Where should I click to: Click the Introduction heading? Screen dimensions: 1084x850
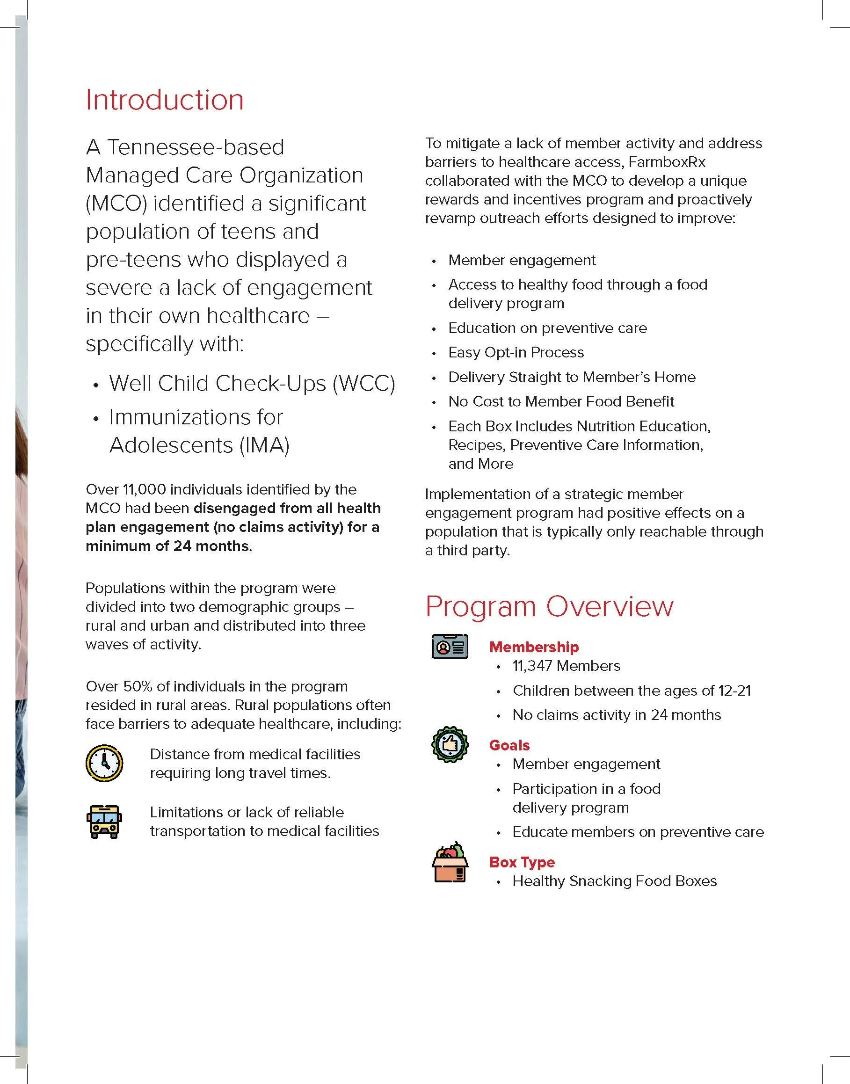pyautogui.click(x=165, y=100)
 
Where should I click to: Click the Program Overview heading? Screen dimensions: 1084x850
pyautogui.click(x=549, y=606)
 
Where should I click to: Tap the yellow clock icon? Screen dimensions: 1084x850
pyautogui.click(x=104, y=763)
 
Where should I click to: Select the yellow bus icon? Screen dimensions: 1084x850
pyautogui.click(x=104, y=822)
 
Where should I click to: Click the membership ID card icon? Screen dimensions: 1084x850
pyautogui.click(x=450, y=647)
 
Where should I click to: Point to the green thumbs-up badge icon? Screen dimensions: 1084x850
pyautogui.click(x=450, y=744)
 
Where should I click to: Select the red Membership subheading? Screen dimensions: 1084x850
pyautogui.click(x=533, y=647)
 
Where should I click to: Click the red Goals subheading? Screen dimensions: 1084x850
pyautogui.click(x=509, y=745)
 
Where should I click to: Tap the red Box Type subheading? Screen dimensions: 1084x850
pyautogui.click(x=522, y=862)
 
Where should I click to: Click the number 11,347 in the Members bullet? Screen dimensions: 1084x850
pyautogui.click(x=531, y=666)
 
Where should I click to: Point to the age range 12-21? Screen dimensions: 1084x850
pyautogui.click(x=734, y=691)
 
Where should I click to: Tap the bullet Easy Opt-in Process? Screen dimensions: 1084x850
pyautogui.click(x=516, y=352)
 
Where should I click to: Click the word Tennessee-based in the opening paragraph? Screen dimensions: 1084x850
pyautogui.click(x=196, y=147)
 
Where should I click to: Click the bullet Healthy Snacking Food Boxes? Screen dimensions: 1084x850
pyautogui.click(x=614, y=881)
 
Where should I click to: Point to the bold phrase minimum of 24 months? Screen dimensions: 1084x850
pyautogui.click(x=167, y=546)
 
